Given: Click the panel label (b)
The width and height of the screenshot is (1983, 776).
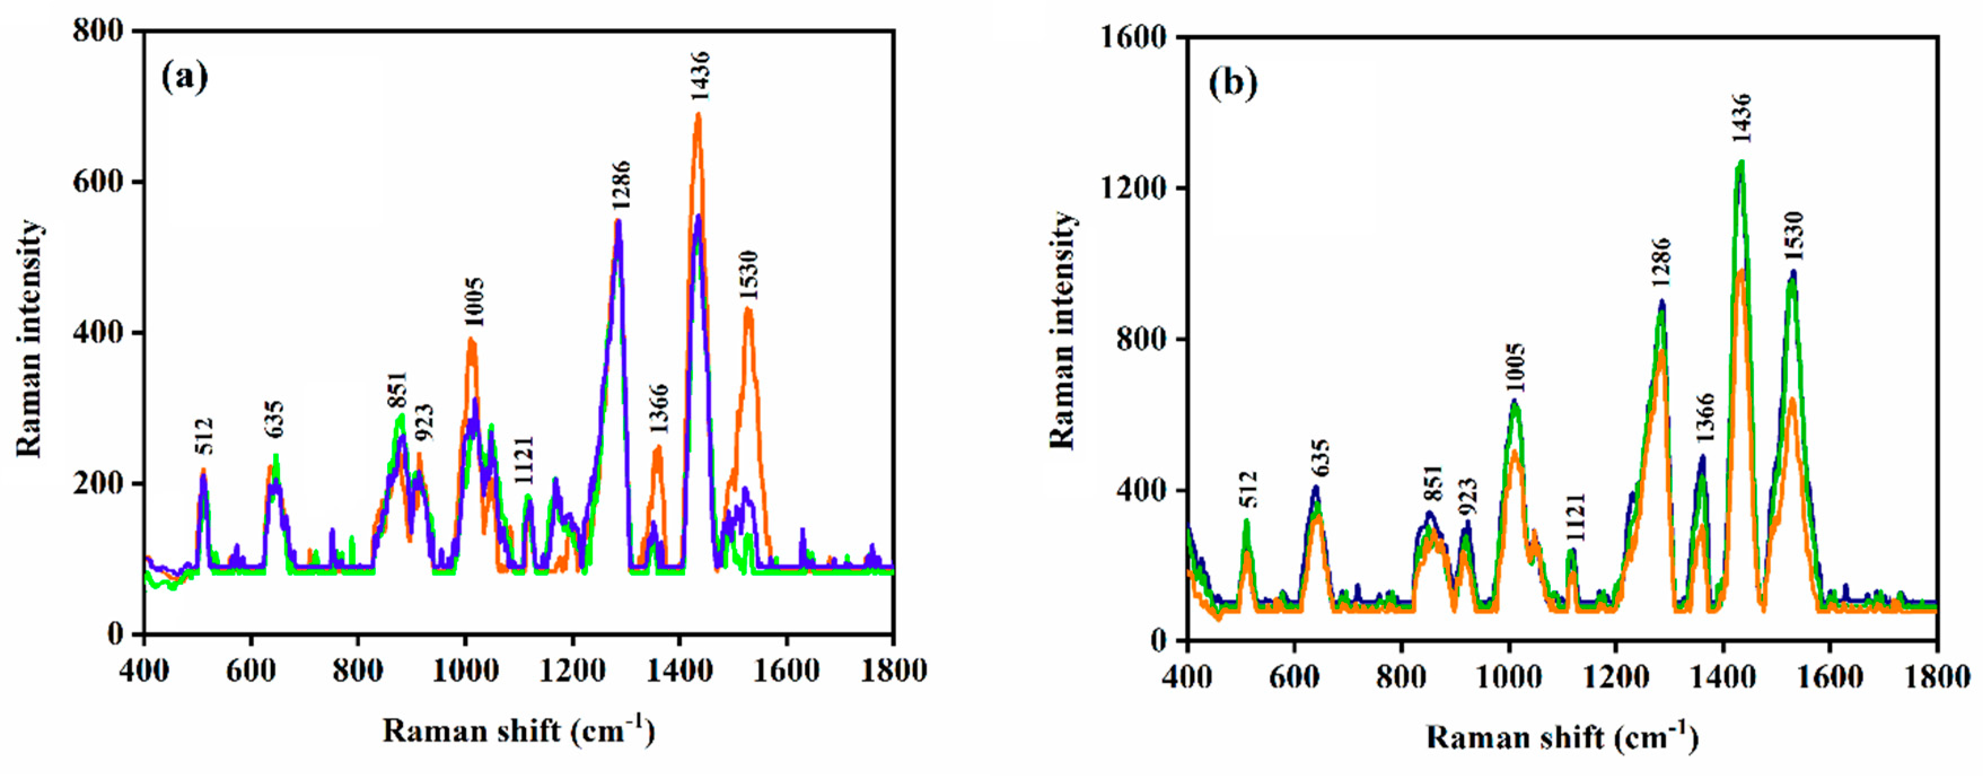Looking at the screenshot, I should [x=1232, y=82].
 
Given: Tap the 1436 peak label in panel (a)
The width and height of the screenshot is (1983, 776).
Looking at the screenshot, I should [x=700, y=77].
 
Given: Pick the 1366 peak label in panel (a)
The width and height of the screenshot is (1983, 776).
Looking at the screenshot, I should [x=660, y=410].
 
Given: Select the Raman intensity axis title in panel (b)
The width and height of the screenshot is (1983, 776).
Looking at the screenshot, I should [x=1062, y=331].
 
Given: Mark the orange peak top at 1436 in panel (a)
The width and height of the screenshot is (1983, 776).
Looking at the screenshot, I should [x=698, y=116].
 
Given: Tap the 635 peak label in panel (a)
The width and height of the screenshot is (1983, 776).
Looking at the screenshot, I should [x=275, y=418].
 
